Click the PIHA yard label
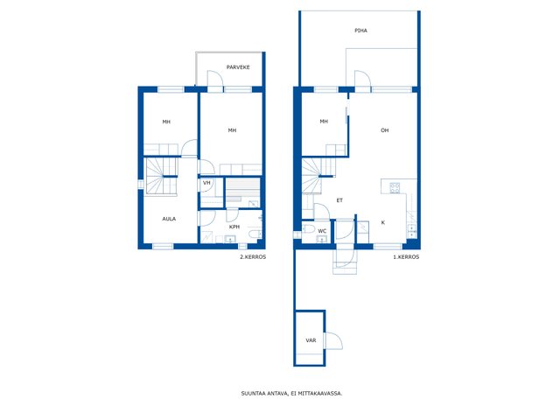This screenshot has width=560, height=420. [360, 31]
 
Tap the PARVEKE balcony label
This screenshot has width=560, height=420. [238, 67]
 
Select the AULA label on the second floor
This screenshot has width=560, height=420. [169, 219]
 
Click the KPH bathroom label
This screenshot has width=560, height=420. [234, 227]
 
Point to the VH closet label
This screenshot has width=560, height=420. [206, 183]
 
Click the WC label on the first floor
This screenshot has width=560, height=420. [322, 231]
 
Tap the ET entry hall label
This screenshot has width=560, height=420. [339, 200]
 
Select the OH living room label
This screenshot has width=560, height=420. [385, 130]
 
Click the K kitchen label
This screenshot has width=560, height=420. [383, 223]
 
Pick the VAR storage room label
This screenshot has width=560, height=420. [311, 340]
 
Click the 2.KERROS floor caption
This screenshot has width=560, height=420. [253, 257]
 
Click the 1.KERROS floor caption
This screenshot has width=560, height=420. [406, 257]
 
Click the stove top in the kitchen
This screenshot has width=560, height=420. [395, 188]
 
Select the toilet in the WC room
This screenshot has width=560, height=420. [308, 229]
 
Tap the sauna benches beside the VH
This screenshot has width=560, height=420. [242, 190]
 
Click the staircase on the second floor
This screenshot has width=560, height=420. [161, 177]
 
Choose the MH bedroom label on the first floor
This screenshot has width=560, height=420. [324, 122]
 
